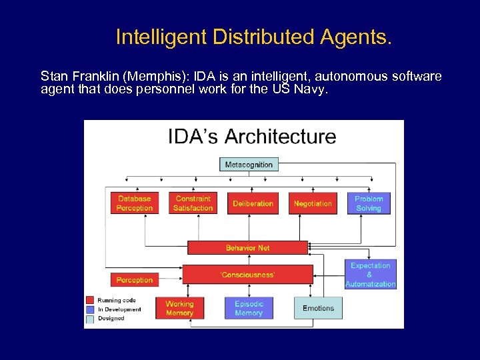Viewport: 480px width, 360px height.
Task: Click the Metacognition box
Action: click(x=249, y=165)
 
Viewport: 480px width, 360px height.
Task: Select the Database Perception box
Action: click(x=135, y=203)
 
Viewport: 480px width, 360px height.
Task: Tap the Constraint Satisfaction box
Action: click(x=193, y=203)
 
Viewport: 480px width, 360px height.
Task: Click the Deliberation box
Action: click(x=253, y=203)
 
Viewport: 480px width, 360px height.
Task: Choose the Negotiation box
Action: click(x=313, y=203)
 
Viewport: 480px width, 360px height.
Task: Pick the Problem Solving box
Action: click(x=369, y=203)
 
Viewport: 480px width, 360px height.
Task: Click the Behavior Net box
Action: click(x=247, y=248)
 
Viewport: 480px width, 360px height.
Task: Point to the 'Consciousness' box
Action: click(x=247, y=275)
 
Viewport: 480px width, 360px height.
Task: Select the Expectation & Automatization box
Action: click(x=371, y=275)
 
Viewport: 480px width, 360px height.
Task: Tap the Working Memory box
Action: click(x=179, y=308)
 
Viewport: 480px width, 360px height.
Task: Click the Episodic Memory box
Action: click(x=249, y=308)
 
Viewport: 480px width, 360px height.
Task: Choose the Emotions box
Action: click(x=318, y=308)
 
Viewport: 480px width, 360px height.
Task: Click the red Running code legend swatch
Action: click(x=89, y=300)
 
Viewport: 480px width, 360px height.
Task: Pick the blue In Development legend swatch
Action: click(x=89, y=309)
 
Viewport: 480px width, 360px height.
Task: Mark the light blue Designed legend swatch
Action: click(x=89, y=319)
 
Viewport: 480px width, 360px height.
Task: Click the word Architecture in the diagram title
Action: click(x=280, y=137)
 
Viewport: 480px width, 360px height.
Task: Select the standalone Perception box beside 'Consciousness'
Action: click(x=135, y=280)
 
